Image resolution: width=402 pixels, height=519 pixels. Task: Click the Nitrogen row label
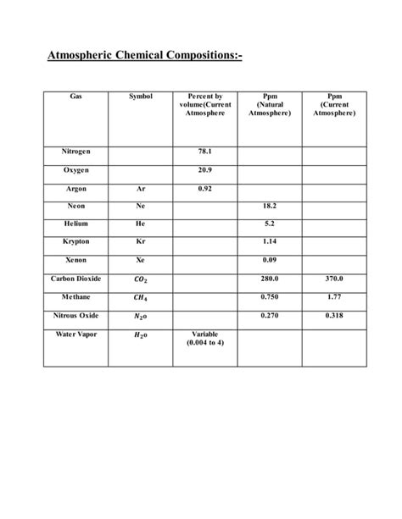tap(75, 152)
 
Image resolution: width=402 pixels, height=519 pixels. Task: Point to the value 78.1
tap(204, 152)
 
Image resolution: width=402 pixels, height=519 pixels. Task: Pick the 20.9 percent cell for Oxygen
tap(204, 170)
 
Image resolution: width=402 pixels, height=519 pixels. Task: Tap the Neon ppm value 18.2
tap(269, 206)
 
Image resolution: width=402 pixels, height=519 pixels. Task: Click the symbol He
tap(140, 224)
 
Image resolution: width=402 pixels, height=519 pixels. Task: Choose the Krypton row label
tap(75, 241)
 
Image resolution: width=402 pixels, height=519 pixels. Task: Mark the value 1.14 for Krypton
tap(269, 241)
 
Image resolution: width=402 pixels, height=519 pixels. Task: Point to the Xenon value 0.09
tap(269, 259)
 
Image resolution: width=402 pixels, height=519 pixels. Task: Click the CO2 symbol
tap(140, 278)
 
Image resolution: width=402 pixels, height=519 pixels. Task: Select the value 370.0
tap(333, 278)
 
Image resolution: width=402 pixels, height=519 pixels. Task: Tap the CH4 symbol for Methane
tap(140, 297)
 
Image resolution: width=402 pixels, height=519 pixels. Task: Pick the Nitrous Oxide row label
tap(75, 315)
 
